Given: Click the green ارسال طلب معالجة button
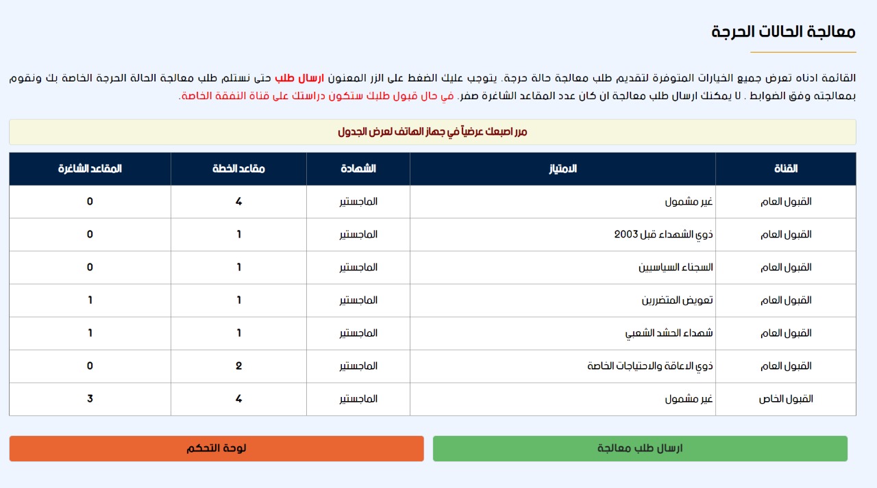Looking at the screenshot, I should click(640, 448).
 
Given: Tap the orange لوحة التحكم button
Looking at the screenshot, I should click(217, 448).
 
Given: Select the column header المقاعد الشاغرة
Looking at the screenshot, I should click(90, 168).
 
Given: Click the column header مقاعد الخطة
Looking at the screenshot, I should click(238, 168).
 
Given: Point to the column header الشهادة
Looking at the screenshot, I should click(358, 168).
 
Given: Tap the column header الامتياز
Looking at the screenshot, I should click(563, 168).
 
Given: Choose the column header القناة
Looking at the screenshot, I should click(785, 168).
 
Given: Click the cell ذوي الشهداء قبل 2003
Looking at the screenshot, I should click(663, 235).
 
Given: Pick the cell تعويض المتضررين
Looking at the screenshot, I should click(677, 300).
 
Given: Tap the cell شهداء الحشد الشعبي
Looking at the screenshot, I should click(669, 333).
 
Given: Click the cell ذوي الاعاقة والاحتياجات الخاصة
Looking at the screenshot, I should click(650, 366).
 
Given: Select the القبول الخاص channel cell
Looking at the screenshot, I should click(787, 399).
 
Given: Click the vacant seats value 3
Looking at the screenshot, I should click(90, 398).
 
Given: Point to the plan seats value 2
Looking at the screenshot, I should click(238, 365).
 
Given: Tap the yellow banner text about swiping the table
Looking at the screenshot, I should click(432, 131).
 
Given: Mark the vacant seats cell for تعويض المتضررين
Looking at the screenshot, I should click(90, 300).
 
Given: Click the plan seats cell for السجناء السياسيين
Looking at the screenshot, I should click(238, 267).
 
